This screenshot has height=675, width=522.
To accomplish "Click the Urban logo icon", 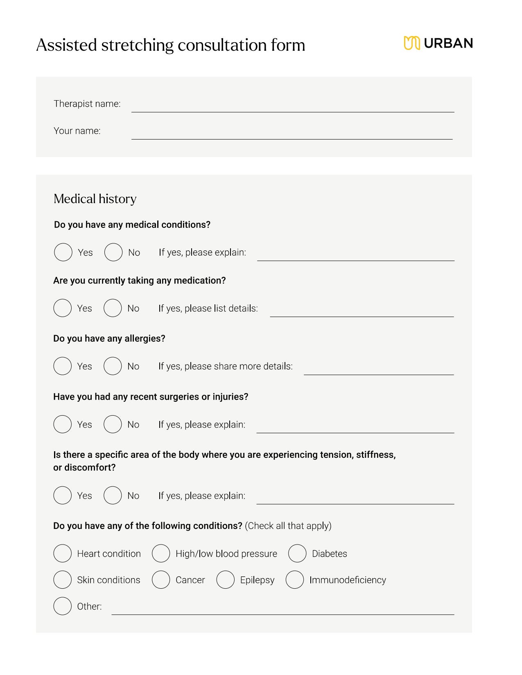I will pyautogui.click(x=412, y=43).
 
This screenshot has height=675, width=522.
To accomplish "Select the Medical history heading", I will pyautogui.click(x=95, y=199).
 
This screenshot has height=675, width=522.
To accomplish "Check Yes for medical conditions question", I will pyautogui.click(x=63, y=252).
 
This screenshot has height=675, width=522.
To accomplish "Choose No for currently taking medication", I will pyautogui.click(x=113, y=308).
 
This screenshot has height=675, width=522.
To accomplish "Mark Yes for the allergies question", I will pyautogui.click(x=63, y=366).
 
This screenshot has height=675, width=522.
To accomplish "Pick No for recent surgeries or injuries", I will pyautogui.click(x=113, y=424).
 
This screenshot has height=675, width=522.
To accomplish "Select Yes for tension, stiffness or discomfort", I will pyautogui.click(x=63, y=495).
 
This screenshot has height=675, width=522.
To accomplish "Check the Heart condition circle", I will pyautogui.click(x=63, y=553).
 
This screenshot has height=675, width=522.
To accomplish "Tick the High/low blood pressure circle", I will pyautogui.click(x=161, y=553).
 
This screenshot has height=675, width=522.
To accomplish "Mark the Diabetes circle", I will pyautogui.click(x=297, y=553).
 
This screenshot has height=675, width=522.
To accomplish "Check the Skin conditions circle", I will pyautogui.click(x=63, y=580).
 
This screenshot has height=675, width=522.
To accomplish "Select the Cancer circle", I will pyautogui.click(x=161, y=580).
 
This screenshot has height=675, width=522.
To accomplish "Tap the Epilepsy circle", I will pyautogui.click(x=225, y=580).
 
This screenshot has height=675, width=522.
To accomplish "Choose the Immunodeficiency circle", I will pyautogui.click(x=295, y=580).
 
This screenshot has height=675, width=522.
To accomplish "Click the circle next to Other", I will pyautogui.click(x=63, y=606).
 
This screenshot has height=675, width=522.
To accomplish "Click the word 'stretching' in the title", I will pyautogui.click(x=138, y=45).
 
